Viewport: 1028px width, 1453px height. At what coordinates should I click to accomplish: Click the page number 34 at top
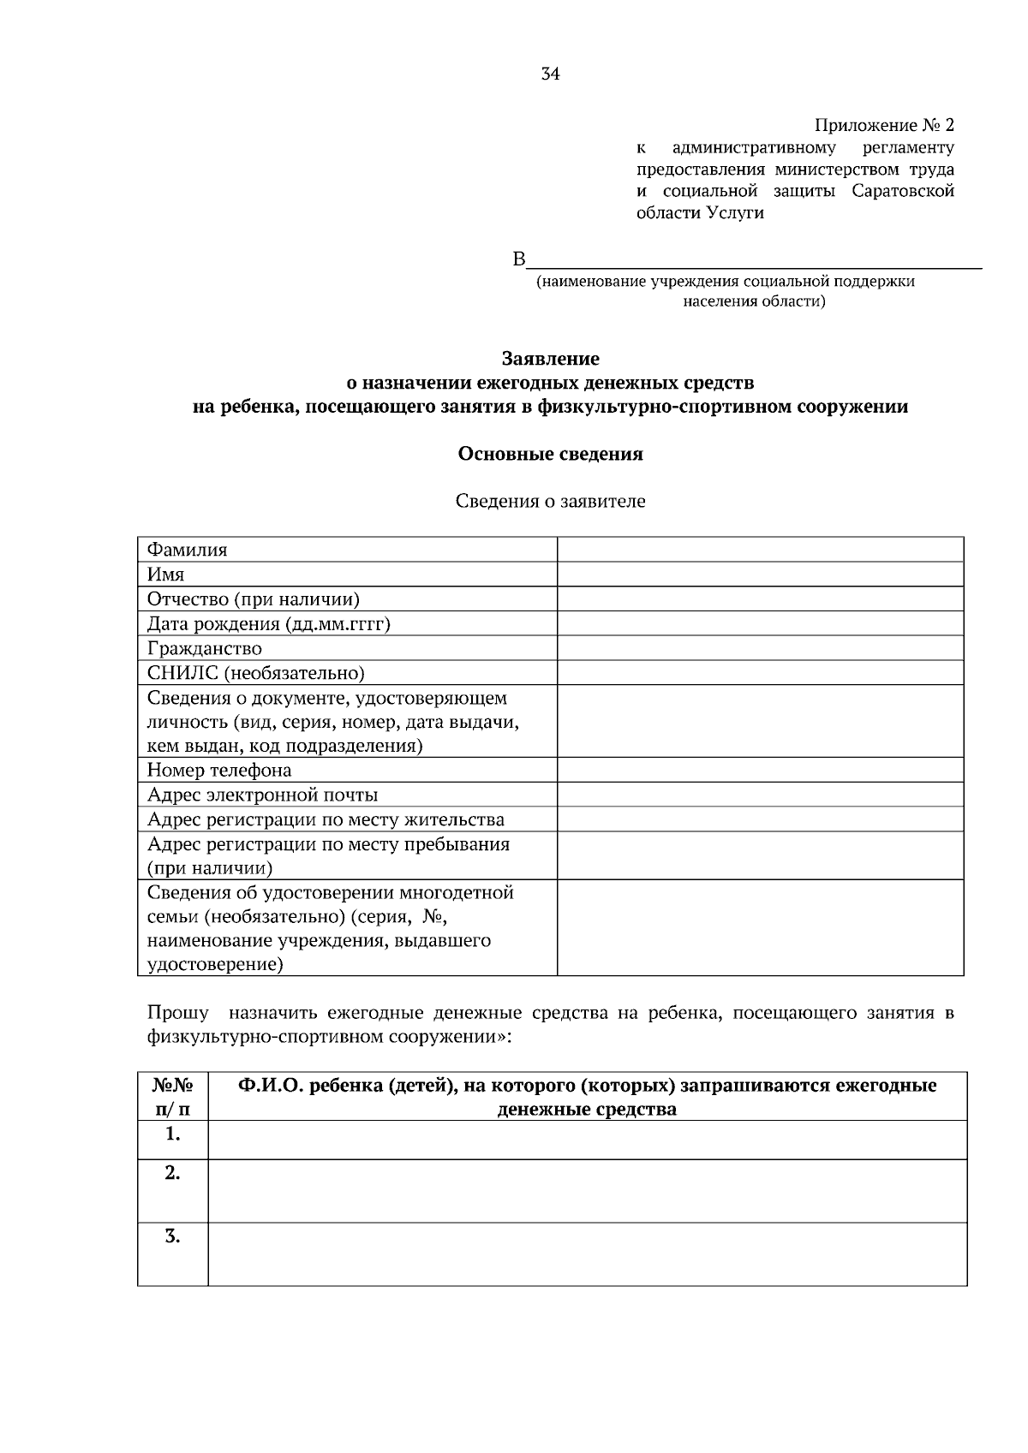point(550,74)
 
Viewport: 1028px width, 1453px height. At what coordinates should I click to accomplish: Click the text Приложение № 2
point(883,126)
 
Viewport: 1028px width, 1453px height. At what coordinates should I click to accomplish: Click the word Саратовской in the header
point(903,191)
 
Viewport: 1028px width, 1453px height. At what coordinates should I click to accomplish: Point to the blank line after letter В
point(754,261)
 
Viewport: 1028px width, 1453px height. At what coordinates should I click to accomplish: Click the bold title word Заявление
point(550,359)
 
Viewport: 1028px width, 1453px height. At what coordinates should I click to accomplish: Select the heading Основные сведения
point(550,454)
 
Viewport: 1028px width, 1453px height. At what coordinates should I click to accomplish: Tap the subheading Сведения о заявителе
point(550,502)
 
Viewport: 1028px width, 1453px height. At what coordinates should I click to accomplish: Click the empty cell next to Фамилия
point(760,550)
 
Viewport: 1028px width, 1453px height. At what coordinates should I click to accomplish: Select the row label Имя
point(165,575)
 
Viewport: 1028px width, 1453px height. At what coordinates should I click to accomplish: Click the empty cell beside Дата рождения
point(760,623)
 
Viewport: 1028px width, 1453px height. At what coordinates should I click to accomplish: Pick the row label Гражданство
point(204,648)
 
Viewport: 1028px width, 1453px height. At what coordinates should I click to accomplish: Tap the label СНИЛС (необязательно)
point(255,673)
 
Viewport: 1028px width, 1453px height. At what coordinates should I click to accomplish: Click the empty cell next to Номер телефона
point(760,770)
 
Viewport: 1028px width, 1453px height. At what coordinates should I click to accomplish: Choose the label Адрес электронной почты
point(262,795)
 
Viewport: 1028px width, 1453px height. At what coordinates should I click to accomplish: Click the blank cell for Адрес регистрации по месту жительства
point(760,819)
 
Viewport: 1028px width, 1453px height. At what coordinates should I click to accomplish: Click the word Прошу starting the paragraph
point(177,1013)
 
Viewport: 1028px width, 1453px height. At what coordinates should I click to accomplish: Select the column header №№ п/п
point(172,1097)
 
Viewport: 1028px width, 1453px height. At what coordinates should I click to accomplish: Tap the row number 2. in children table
point(172,1174)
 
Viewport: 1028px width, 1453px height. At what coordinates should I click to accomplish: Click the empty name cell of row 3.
point(587,1254)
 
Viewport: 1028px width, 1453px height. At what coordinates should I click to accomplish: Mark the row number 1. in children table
point(172,1134)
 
